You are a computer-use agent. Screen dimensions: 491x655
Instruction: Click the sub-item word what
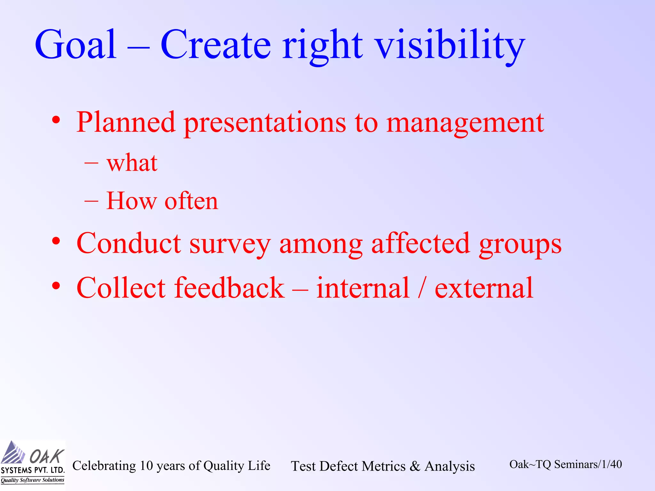pos(132,163)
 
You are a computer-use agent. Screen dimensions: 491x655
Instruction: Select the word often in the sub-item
pos(191,201)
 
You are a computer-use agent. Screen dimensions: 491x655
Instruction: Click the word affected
pos(421,244)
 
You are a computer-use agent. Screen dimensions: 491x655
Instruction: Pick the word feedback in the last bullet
pos(229,288)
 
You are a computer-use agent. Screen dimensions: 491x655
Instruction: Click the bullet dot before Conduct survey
pos(56,241)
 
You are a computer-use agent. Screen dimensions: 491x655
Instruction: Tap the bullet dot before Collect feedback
pos(56,286)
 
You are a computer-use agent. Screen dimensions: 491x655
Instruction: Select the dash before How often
pos(91,202)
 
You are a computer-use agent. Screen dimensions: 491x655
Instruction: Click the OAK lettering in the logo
pos(47,456)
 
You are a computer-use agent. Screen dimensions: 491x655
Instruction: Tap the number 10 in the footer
pos(146,466)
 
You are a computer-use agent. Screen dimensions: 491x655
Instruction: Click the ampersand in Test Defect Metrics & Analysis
pos(415,466)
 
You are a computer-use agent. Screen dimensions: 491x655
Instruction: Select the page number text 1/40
pos(612,464)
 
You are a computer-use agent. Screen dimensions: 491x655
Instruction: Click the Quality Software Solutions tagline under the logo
pos(32,480)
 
